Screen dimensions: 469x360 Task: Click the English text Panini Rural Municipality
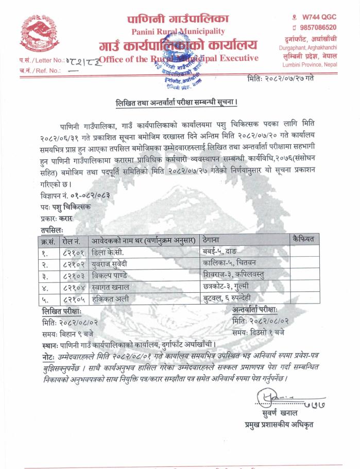point(178,32)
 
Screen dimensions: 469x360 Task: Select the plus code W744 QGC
point(315,16)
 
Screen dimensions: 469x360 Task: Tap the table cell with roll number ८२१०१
point(74,253)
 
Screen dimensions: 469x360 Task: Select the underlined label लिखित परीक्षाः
point(61,311)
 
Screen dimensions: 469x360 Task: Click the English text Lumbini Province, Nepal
point(310,64)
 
